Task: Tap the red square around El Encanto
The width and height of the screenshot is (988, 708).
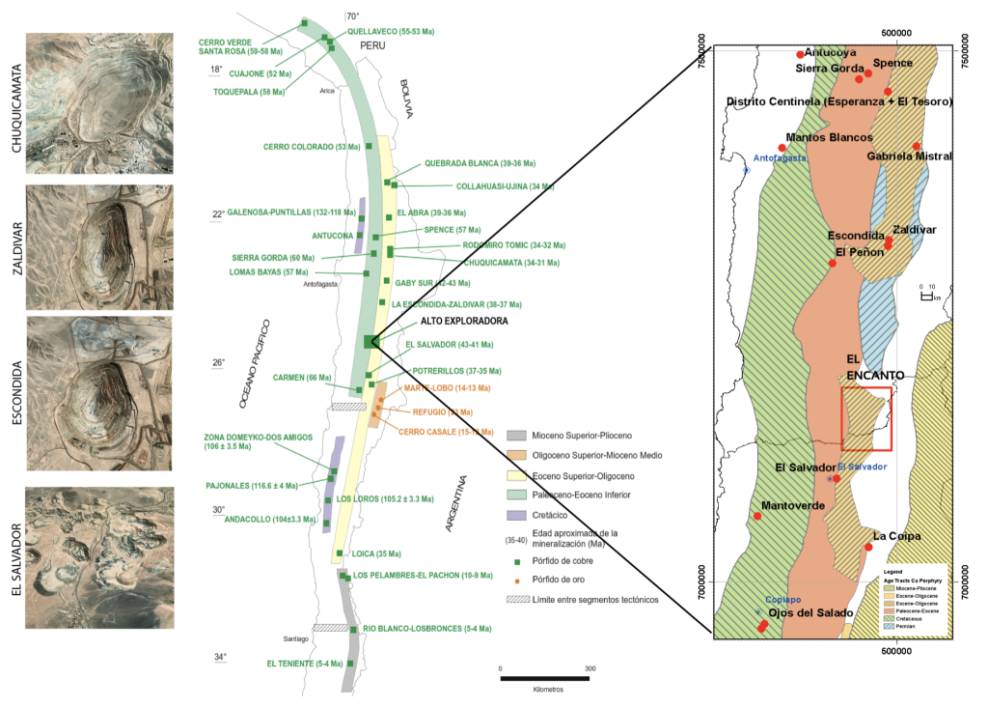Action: [865, 418]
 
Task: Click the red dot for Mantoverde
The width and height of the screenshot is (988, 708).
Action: [757, 516]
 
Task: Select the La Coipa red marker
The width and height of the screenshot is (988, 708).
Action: [869, 547]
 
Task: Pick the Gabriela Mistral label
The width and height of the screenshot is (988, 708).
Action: [909, 156]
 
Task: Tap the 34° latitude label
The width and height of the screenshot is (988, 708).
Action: [219, 658]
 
